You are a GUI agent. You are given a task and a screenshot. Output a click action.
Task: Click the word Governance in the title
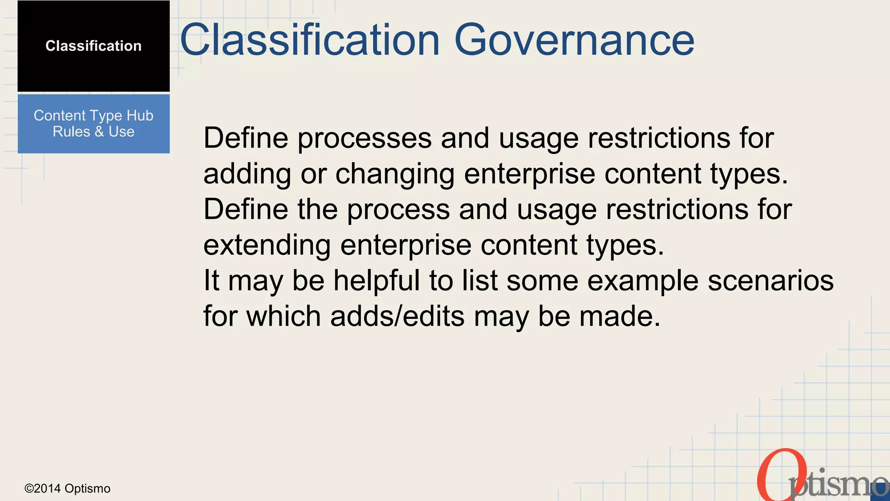click(574, 40)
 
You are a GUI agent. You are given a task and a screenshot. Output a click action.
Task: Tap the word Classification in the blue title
click(310, 40)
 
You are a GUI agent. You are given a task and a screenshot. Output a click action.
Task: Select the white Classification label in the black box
click(93, 46)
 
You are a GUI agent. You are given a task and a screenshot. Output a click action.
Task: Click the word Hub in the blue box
click(140, 116)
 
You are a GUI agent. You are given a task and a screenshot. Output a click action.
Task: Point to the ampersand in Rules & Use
click(99, 132)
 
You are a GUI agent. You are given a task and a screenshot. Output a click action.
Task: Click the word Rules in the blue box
click(71, 132)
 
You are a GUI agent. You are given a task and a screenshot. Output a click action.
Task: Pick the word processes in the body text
click(364, 138)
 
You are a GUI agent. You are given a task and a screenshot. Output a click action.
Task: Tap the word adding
click(247, 174)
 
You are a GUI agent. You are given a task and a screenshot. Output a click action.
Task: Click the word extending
click(267, 245)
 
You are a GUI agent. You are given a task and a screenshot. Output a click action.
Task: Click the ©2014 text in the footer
click(43, 489)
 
